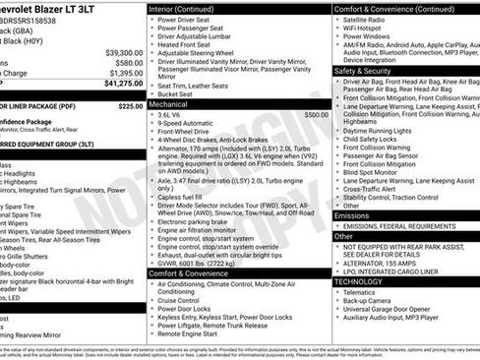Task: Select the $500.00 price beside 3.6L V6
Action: (x=316, y=114)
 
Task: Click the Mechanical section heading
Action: (x=168, y=102)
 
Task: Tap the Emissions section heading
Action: (x=352, y=215)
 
